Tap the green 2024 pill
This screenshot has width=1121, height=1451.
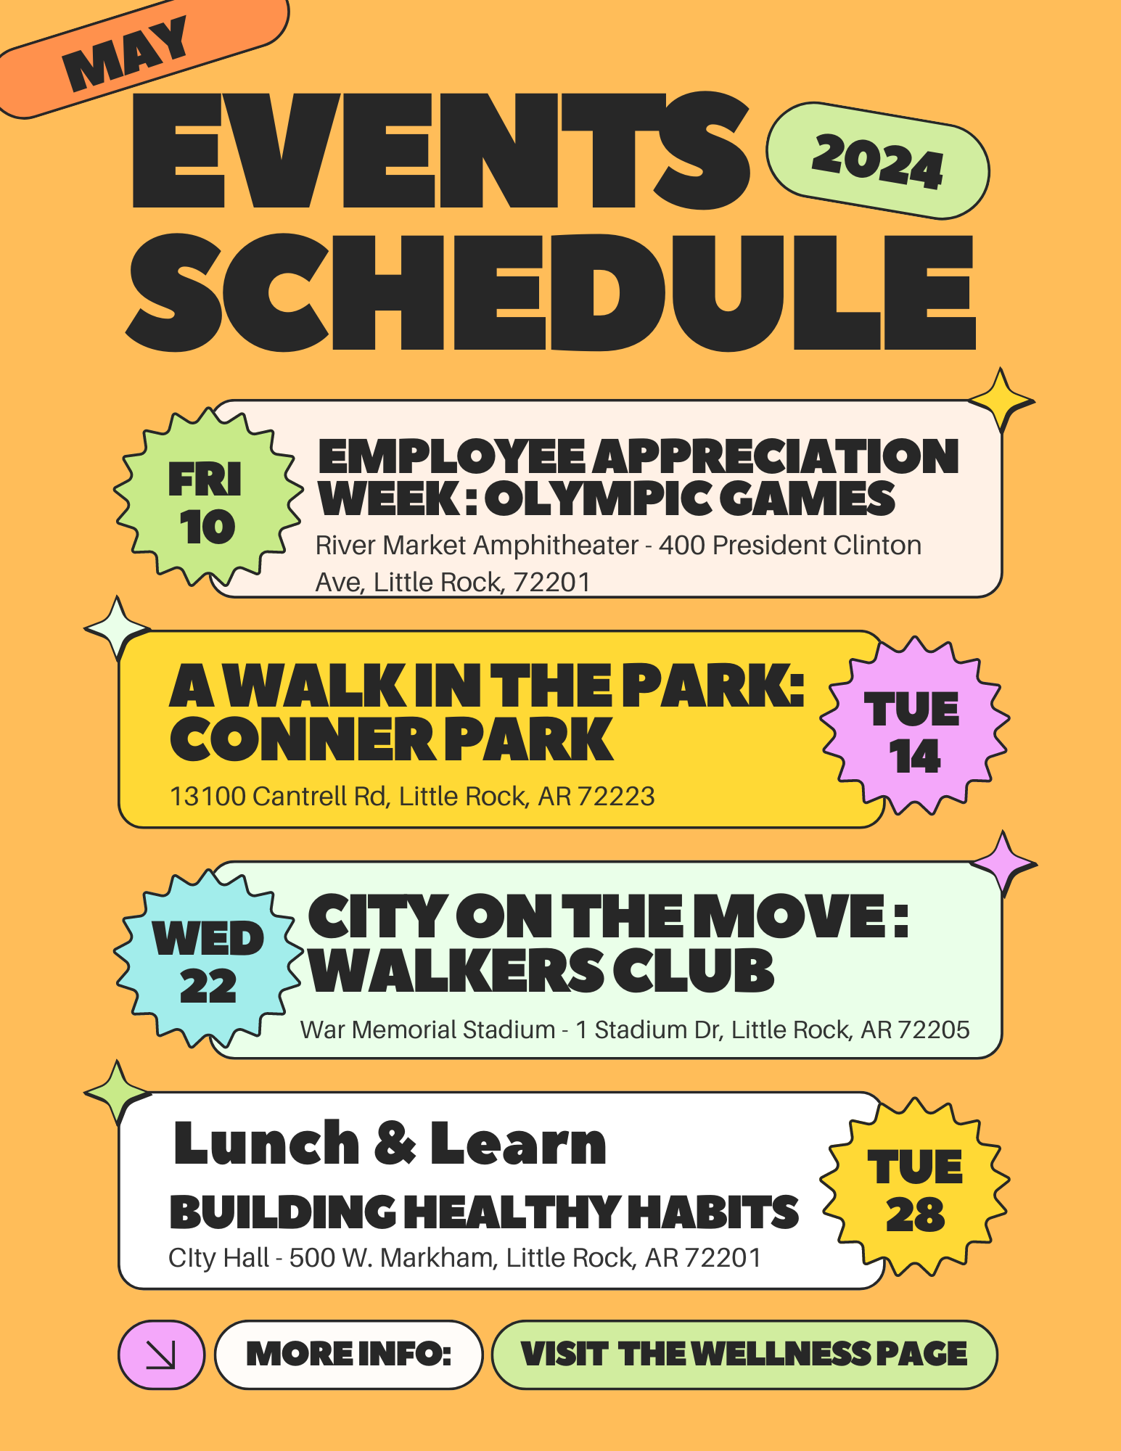(878, 160)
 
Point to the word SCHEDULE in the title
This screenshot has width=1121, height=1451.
(551, 292)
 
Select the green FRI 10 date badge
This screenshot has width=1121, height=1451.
(208, 498)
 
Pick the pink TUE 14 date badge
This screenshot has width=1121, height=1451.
(914, 726)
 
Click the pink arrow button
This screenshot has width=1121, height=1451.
(161, 1355)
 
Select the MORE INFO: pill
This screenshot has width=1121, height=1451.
(349, 1355)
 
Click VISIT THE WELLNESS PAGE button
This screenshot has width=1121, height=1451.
(744, 1355)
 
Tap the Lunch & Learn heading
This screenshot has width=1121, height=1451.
(390, 1143)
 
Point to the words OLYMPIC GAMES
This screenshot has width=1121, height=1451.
(690, 498)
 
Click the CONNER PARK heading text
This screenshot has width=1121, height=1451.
(392, 739)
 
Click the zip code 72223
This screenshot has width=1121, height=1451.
(617, 797)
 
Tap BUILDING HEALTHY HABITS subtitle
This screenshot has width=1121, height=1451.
(484, 1212)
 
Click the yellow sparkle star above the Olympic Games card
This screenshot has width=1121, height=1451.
(1001, 400)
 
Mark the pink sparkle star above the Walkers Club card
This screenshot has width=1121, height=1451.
(1003, 863)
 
